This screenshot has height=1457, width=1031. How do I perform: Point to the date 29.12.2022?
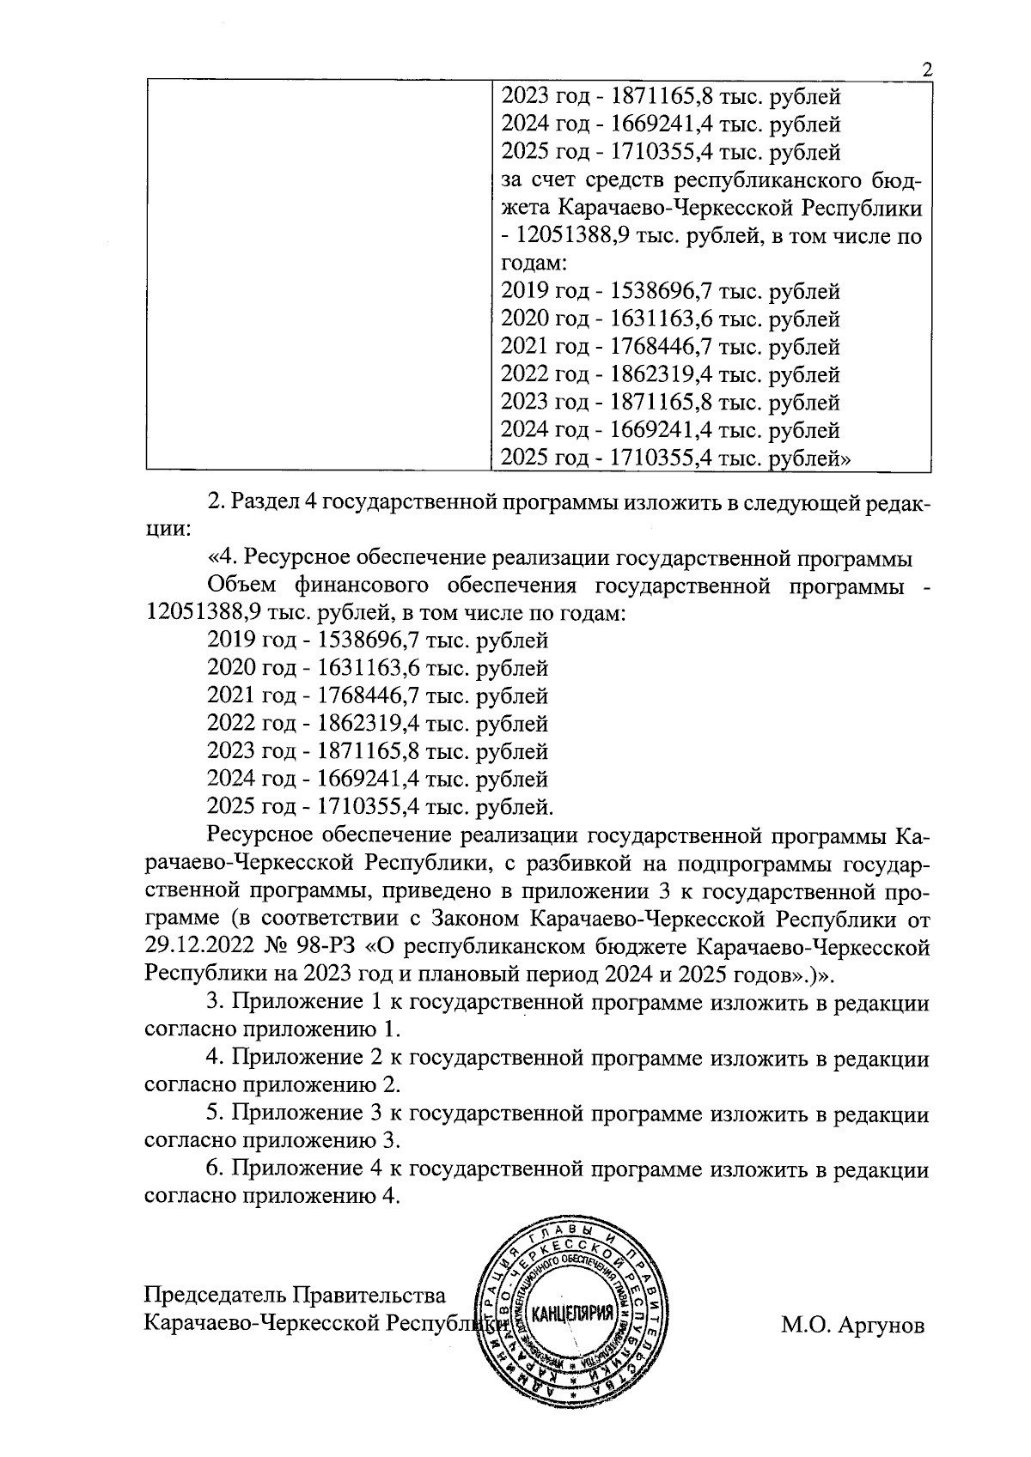(199, 947)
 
